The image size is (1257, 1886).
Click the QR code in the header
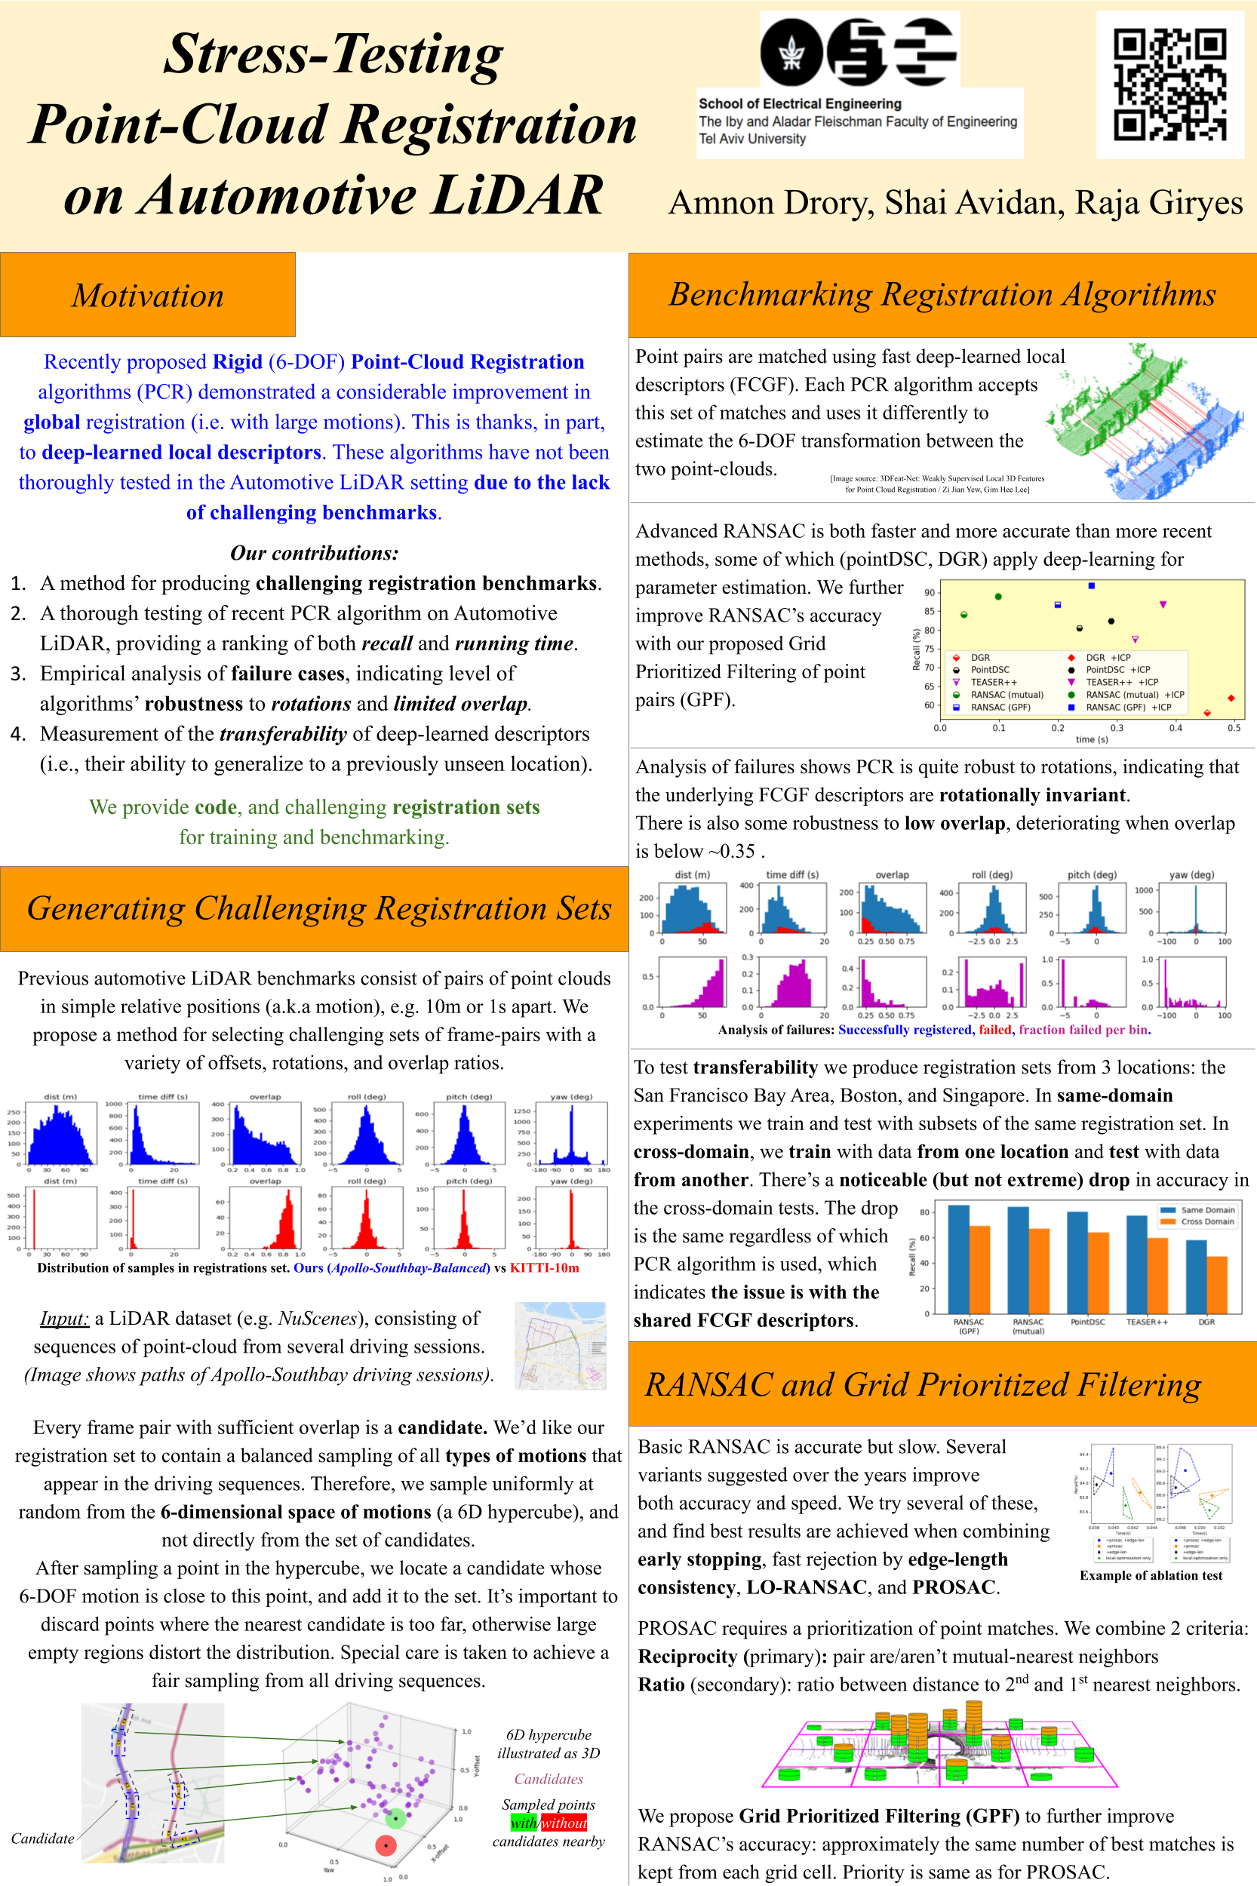(x=1169, y=84)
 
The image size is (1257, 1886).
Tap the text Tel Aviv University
(x=752, y=139)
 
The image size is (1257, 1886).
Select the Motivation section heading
(x=148, y=295)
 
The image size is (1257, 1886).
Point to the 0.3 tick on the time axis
(x=1117, y=728)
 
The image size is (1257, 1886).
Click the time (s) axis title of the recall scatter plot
(x=1091, y=739)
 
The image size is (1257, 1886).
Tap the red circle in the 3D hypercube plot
(x=386, y=1845)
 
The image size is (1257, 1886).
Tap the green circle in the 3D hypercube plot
(x=395, y=1818)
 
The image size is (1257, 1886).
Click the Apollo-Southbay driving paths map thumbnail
(x=560, y=1346)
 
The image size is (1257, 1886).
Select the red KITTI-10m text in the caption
(x=544, y=1268)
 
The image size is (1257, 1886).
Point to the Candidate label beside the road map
(x=42, y=1838)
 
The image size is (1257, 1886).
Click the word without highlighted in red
(x=564, y=1823)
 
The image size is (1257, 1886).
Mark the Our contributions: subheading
(x=313, y=552)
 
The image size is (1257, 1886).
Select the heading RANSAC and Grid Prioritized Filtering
(x=923, y=1384)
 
